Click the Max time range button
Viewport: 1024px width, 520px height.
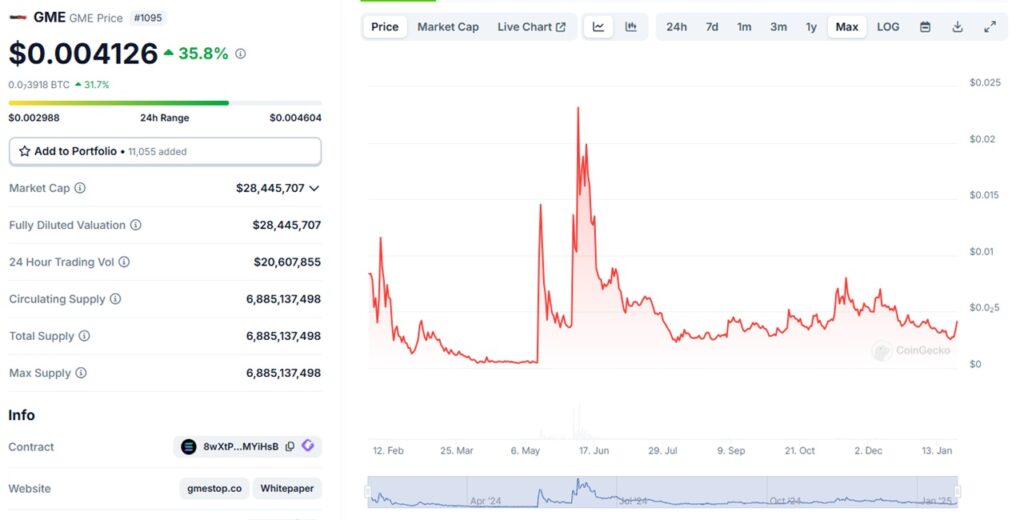(846, 27)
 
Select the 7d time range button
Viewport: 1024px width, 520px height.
(711, 27)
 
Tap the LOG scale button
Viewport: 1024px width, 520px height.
(888, 27)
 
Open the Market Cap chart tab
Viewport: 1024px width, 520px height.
(448, 27)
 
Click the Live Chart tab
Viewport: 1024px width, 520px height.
(531, 27)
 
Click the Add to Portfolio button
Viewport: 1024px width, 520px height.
(165, 151)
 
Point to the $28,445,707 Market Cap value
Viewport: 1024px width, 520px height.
(270, 188)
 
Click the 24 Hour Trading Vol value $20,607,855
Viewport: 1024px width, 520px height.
(287, 262)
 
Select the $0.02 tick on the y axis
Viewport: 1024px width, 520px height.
(983, 139)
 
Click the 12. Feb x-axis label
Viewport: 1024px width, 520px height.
(387, 451)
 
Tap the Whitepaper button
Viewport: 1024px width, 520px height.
(287, 489)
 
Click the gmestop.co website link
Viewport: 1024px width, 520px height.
(215, 489)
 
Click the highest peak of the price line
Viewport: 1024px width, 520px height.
(578, 108)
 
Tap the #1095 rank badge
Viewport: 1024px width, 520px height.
(148, 17)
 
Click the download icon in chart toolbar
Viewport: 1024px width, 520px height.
(957, 27)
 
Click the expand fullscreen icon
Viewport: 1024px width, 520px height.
(989, 27)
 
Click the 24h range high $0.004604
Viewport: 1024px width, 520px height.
(295, 118)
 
